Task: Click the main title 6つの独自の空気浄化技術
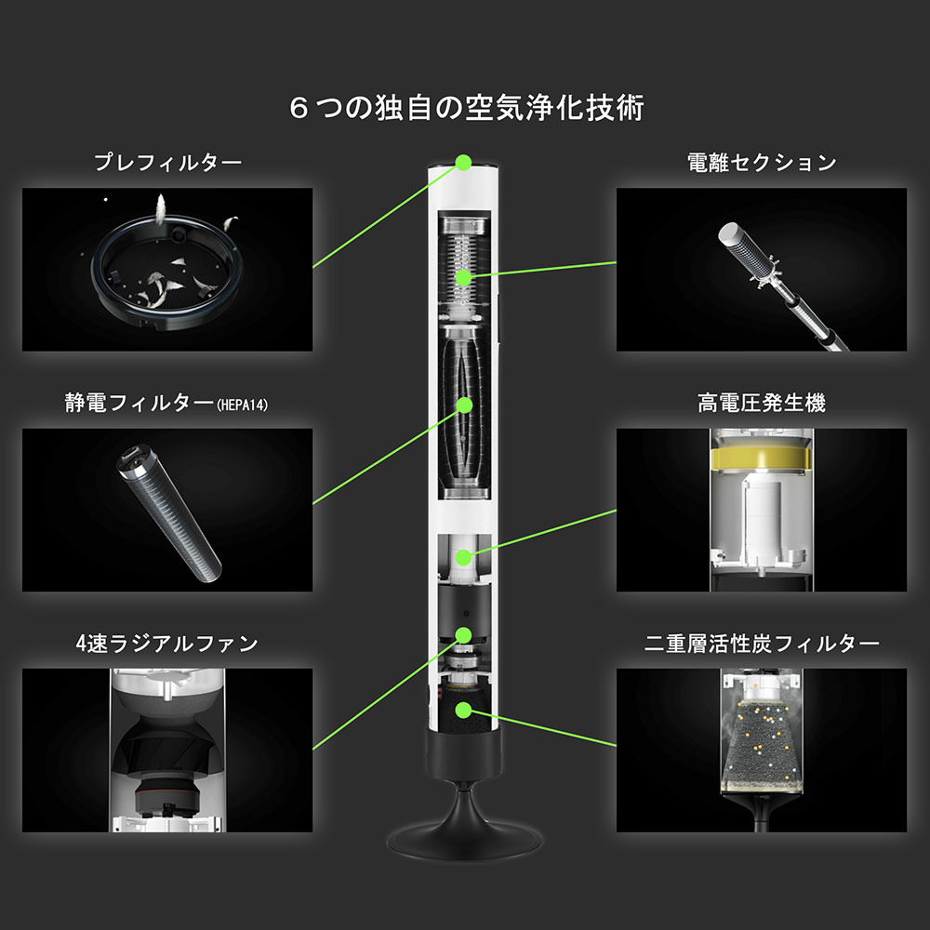click(x=466, y=107)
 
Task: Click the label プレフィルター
click(x=167, y=162)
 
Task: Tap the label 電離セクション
click(x=762, y=162)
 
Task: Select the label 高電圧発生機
click(x=762, y=403)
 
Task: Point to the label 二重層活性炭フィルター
click(x=762, y=643)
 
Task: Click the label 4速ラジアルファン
click(x=167, y=643)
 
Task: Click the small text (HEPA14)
click(x=243, y=405)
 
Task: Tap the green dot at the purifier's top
click(x=463, y=163)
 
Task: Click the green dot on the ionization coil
click(x=464, y=277)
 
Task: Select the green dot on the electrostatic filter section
click(x=464, y=405)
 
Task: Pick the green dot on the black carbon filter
click(x=463, y=710)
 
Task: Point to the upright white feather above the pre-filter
click(x=160, y=209)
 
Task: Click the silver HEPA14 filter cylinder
click(x=169, y=514)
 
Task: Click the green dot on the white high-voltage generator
click(x=463, y=557)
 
